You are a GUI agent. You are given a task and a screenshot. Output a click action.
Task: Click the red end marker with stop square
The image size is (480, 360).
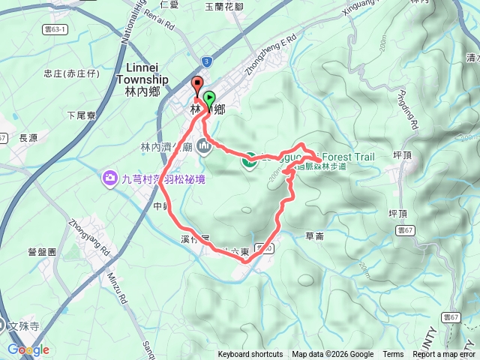197,85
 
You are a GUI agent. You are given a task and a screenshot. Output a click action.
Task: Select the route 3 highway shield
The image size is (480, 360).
207,61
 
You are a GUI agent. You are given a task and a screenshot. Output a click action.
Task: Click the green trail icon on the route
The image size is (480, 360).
248,160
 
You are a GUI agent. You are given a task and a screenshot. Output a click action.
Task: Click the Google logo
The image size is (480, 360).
28,349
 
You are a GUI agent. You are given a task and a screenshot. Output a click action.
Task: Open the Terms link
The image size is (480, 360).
393,355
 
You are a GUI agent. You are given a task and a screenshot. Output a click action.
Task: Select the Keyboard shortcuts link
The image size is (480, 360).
250,355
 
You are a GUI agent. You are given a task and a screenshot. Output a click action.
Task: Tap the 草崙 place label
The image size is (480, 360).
315,235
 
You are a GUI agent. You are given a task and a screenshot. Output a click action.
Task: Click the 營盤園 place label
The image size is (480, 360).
42,252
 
